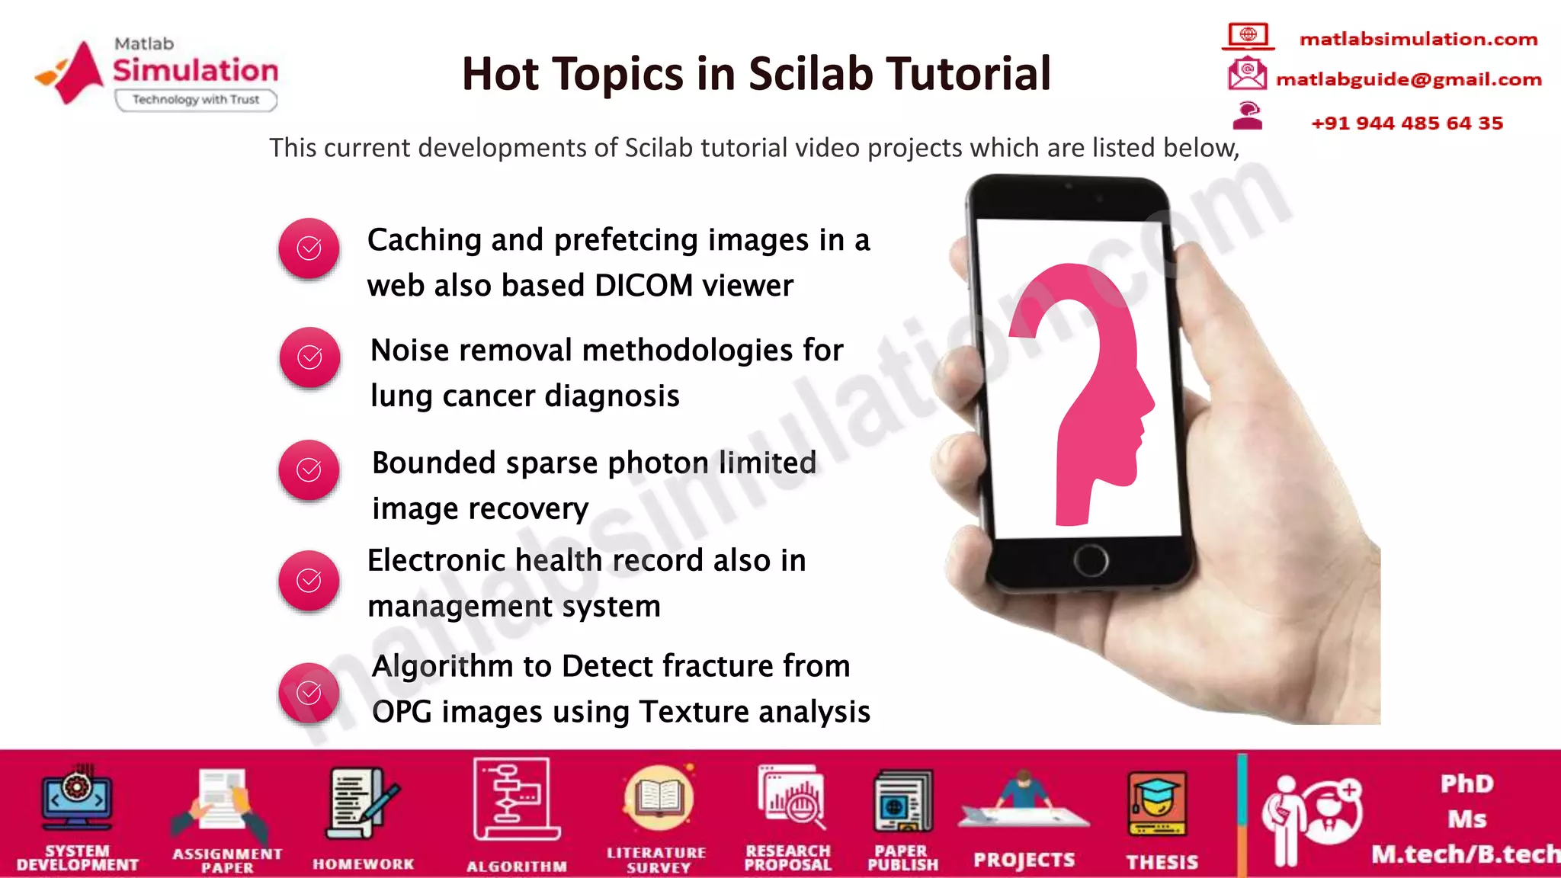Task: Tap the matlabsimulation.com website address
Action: coord(1418,39)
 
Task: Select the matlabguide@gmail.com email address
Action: coord(1409,79)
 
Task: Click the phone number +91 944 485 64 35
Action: coord(1407,123)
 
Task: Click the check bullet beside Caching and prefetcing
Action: coord(309,248)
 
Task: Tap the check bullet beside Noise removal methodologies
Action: coord(309,357)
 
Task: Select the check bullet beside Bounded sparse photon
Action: coord(309,470)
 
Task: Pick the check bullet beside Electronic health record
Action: coord(309,581)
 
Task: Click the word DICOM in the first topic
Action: coord(644,286)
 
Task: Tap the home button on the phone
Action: coord(1091,561)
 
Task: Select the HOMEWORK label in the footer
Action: coord(363,864)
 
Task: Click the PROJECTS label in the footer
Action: coord(1024,860)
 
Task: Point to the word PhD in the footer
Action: coord(1466,783)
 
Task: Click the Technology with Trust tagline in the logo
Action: coord(196,100)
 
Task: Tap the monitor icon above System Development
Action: coord(77,799)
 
